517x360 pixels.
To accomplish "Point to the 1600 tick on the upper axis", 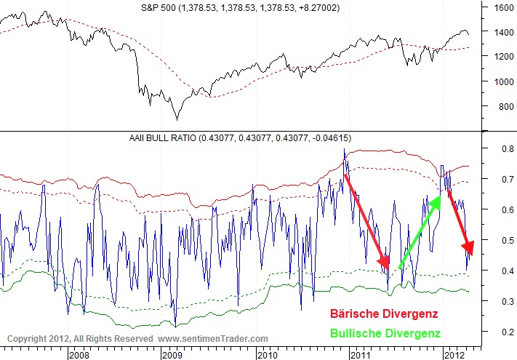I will pyautogui.click(x=503, y=8).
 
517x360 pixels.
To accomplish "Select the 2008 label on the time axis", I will pyautogui.click(x=79, y=355).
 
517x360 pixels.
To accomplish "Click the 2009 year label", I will pyautogui.click(x=172, y=355).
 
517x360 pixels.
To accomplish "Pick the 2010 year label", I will pyautogui.click(x=266, y=355).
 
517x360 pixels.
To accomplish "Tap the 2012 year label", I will pyautogui.click(x=454, y=355).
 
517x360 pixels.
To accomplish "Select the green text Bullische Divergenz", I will pyautogui.click(x=386, y=333).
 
